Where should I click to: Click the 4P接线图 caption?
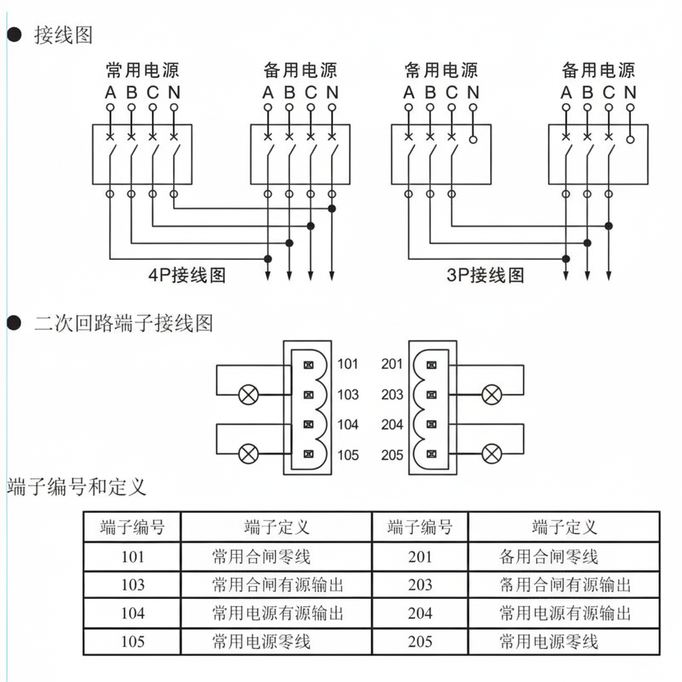point(187,275)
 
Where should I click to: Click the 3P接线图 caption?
point(485,275)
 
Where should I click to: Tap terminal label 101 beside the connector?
point(348,364)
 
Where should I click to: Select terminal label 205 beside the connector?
point(392,455)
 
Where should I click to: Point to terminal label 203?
point(392,394)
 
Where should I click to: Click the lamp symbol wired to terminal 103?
point(249,395)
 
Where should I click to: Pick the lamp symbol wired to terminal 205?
point(492,454)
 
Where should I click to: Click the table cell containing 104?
point(132,613)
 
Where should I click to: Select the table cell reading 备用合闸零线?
point(564,557)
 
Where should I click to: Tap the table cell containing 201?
point(420,557)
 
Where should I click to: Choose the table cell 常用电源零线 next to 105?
point(276,642)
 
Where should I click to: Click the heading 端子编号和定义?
point(77,487)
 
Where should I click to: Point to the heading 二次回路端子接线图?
point(124,323)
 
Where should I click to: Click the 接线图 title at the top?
point(63,35)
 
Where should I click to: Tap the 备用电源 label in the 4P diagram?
point(300,70)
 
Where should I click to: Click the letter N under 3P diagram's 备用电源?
point(630,92)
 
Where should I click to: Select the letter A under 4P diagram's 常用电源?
point(111,92)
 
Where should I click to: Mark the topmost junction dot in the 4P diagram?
point(332,209)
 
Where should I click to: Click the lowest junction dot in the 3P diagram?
point(566,259)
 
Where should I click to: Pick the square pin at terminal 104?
point(308,425)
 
